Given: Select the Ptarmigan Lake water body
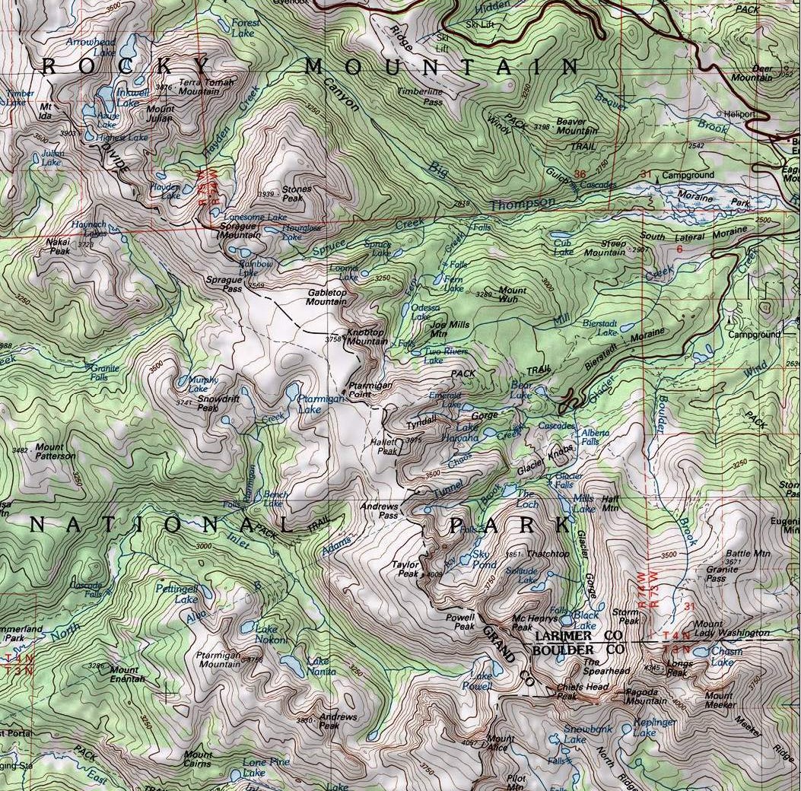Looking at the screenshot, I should click(292, 392).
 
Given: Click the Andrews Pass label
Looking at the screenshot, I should click(379, 510).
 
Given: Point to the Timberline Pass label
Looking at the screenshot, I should click(420, 96).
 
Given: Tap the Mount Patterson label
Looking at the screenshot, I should click(55, 452).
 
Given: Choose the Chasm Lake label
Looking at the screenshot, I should click(723, 656).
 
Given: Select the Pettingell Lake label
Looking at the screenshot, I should click(176, 593).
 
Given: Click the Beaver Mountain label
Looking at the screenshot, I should click(576, 126).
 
